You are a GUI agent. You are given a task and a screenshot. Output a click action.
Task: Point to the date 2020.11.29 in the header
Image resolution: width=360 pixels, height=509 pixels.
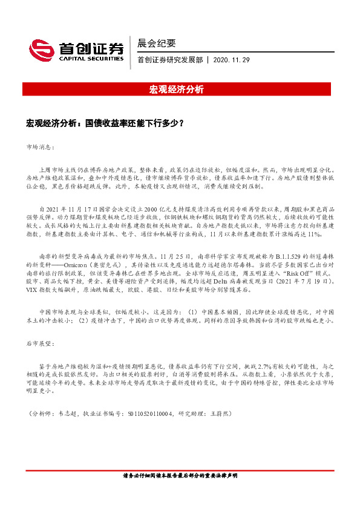[x=232, y=60]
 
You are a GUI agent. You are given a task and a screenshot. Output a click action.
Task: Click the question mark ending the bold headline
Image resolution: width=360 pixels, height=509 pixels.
[x=182, y=123]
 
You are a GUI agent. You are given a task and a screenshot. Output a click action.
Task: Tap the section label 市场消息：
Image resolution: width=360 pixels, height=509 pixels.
[x=41, y=147]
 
